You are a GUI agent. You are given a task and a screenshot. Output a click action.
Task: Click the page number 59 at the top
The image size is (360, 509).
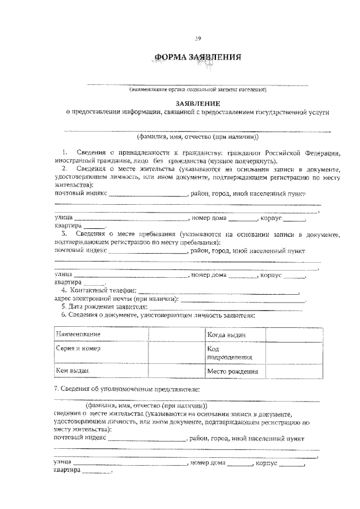(x=197, y=38)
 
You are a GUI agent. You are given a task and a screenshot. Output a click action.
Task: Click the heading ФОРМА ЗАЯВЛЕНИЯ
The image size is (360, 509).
(x=197, y=57)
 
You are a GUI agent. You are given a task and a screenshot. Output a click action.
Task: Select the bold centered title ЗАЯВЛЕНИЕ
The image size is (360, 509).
(x=197, y=103)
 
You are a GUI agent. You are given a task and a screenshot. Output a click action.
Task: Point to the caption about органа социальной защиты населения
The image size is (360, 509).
(x=197, y=89)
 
